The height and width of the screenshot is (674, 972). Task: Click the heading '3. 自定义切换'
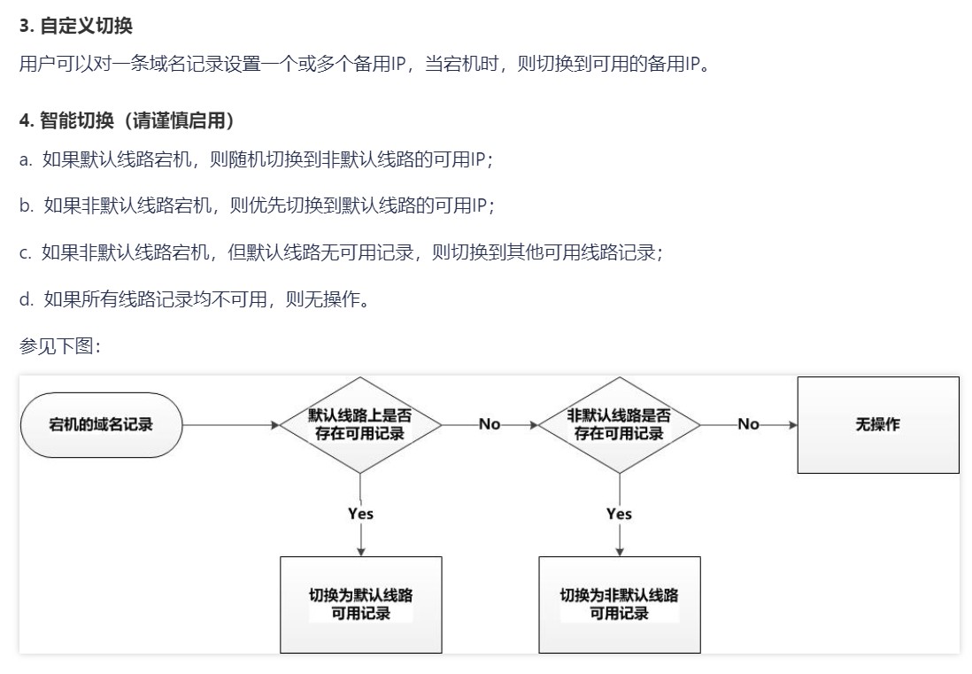point(75,26)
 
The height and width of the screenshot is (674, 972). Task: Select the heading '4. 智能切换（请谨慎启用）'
point(127,120)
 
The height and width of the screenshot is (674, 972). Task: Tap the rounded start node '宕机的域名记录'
point(101,425)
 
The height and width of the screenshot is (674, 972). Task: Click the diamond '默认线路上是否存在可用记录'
point(360,425)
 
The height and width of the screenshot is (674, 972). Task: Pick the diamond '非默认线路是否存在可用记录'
point(619,425)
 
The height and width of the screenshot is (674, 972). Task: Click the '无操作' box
point(877,425)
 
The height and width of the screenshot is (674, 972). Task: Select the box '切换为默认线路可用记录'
point(360,604)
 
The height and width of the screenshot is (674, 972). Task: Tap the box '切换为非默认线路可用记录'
point(619,604)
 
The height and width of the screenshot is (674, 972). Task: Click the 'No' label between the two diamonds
point(490,424)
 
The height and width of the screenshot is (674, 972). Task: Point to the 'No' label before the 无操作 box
point(748,424)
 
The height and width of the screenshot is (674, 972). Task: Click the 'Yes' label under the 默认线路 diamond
point(360,514)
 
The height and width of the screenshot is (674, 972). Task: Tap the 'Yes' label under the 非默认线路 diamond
point(619,514)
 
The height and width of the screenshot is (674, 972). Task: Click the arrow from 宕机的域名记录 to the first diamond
point(230,425)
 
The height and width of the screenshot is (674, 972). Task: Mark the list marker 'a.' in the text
point(25,160)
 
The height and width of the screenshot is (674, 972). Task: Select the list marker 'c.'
point(25,252)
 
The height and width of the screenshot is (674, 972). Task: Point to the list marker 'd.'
point(26,299)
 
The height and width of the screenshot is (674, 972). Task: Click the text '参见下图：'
point(60,345)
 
